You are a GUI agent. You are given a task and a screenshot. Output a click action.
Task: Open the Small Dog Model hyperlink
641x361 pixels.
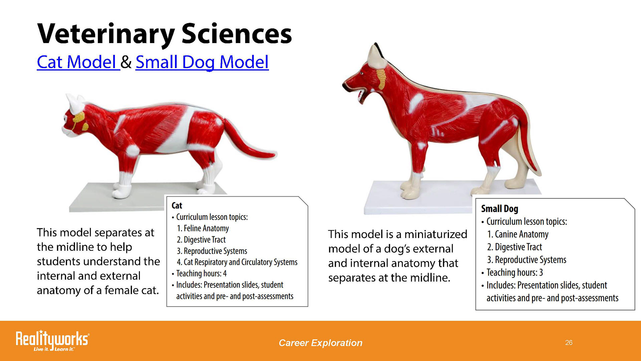tap(202, 63)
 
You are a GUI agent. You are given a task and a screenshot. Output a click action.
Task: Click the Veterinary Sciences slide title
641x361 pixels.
tap(165, 34)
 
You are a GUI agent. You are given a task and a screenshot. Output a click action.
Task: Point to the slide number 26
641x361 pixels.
tap(569, 343)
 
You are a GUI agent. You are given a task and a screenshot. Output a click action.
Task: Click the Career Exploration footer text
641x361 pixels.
tap(320, 343)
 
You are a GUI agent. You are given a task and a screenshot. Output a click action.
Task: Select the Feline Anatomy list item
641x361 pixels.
tap(203, 228)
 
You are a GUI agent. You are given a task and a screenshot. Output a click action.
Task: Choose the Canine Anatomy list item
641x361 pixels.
tap(518, 234)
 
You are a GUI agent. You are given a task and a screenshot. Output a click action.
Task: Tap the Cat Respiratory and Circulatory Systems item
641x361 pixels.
tap(237, 262)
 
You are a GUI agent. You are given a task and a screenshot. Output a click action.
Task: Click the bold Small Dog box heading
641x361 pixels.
tap(499, 209)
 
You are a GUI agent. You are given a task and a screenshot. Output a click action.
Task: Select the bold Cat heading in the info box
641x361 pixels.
tap(177, 206)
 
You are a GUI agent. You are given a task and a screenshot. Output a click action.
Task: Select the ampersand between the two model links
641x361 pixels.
tap(126, 62)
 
